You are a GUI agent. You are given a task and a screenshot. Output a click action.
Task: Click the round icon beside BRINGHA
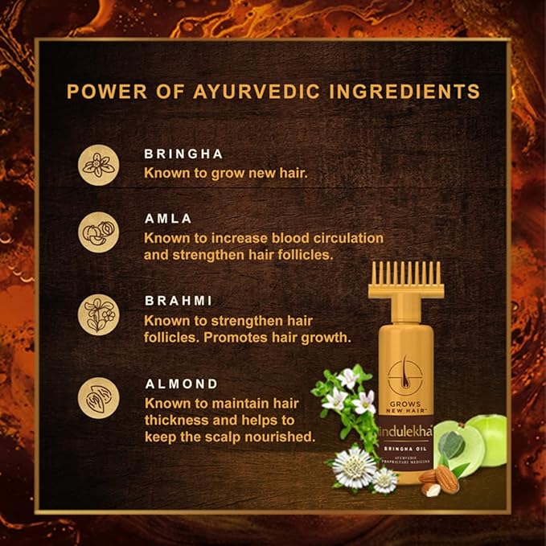99,163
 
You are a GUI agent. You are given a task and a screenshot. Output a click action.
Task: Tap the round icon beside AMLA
99,231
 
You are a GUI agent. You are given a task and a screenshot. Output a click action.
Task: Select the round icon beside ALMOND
99,400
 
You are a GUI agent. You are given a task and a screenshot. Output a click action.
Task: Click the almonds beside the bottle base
440,481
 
